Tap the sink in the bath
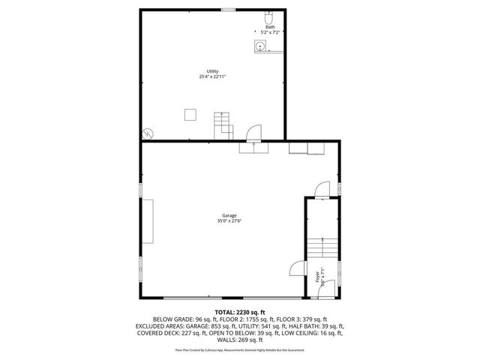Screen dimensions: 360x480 pyautogui.click(x=260, y=46)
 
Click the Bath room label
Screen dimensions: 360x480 pyautogui.click(x=270, y=27)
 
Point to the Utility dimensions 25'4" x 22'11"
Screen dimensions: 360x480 pyautogui.click(x=213, y=76)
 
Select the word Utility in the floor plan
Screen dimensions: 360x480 pyautogui.click(x=213, y=71)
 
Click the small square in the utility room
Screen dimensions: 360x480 pyautogui.click(x=190, y=114)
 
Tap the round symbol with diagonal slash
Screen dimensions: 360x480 pyautogui.click(x=148, y=133)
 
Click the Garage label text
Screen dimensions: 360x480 pyautogui.click(x=229, y=215)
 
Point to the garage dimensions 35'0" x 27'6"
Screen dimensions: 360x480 pyautogui.click(x=229, y=220)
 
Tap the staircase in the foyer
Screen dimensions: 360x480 pyautogui.click(x=319, y=247)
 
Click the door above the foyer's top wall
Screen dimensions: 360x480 pyautogui.click(x=322, y=188)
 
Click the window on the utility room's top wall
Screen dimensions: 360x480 pyautogui.click(x=227, y=9)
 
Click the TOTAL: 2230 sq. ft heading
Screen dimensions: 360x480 pyautogui.click(x=240, y=312)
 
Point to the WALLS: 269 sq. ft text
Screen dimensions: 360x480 pyautogui.click(x=240, y=339)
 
